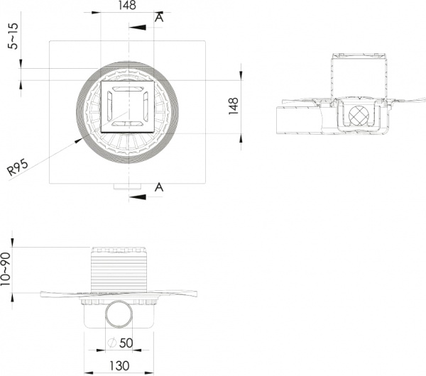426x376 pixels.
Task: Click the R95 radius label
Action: pyautogui.click(x=17, y=167)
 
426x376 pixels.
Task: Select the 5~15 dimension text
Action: pyautogui.click(x=13, y=36)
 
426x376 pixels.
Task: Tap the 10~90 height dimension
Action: pyautogui.click(x=5, y=269)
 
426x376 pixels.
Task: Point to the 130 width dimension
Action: pyautogui.click(x=119, y=365)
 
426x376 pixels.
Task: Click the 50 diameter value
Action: pyautogui.click(x=126, y=343)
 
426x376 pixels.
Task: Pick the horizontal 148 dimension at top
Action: pyautogui.click(x=127, y=5)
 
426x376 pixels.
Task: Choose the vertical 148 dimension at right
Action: pyautogui.click(x=234, y=106)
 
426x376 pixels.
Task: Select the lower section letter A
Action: pyautogui.click(x=159, y=187)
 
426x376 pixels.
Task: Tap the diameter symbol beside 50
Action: pyautogui.click(x=112, y=343)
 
